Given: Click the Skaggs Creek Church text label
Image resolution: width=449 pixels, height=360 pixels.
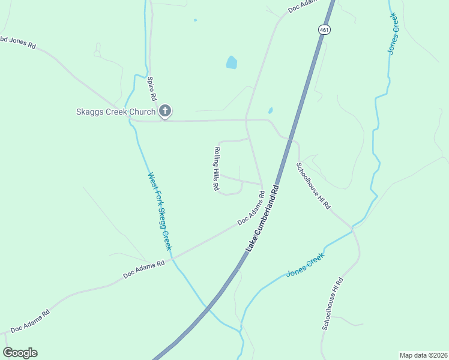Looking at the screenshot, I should pyautogui.click(x=115, y=112).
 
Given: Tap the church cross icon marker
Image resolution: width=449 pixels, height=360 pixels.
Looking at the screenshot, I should pyautogui.click(x=165, y=111).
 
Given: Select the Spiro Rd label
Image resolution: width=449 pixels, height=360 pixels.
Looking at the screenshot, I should pyautogui.click(x=152, y=88).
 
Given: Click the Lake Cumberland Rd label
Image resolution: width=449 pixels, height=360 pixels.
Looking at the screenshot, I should pyautogui.click(x=264, y=217).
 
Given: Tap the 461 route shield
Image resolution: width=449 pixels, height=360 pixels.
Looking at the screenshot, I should pyautogui.click(x=324, y=29).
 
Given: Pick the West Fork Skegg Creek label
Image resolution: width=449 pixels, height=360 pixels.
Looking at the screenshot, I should pyautogui.click(x=160, y=212).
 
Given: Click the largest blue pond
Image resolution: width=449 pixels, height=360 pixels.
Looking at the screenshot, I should pyautogui.click(x=231, y=62).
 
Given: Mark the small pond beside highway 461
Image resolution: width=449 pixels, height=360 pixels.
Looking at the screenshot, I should pyautogui.click(x=270, y=110).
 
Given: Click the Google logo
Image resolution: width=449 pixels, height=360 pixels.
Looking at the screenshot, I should pyautogui.click(x=20, y=353).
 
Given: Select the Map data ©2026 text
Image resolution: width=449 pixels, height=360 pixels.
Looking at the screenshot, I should pyautogui.click(x=423, y=355).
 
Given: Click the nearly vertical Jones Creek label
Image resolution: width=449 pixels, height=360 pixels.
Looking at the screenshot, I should pyautogui.click(x=394, y=33).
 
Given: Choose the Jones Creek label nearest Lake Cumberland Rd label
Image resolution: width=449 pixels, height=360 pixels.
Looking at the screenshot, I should pyautogui.click(x=305, y=265).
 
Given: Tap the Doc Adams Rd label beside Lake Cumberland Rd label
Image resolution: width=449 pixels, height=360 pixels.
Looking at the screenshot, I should pyautogui.click(x=252, y=208).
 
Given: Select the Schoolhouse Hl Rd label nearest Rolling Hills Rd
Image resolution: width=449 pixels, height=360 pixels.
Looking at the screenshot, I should pyautogui.click(x=313, y=185).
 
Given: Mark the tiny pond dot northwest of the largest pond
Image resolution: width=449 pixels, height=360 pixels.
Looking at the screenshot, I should pyautogui.click(x=195, y=20).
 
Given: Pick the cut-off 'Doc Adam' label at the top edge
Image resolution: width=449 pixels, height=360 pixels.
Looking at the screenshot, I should pyautogui.click(x=301, y=6).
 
